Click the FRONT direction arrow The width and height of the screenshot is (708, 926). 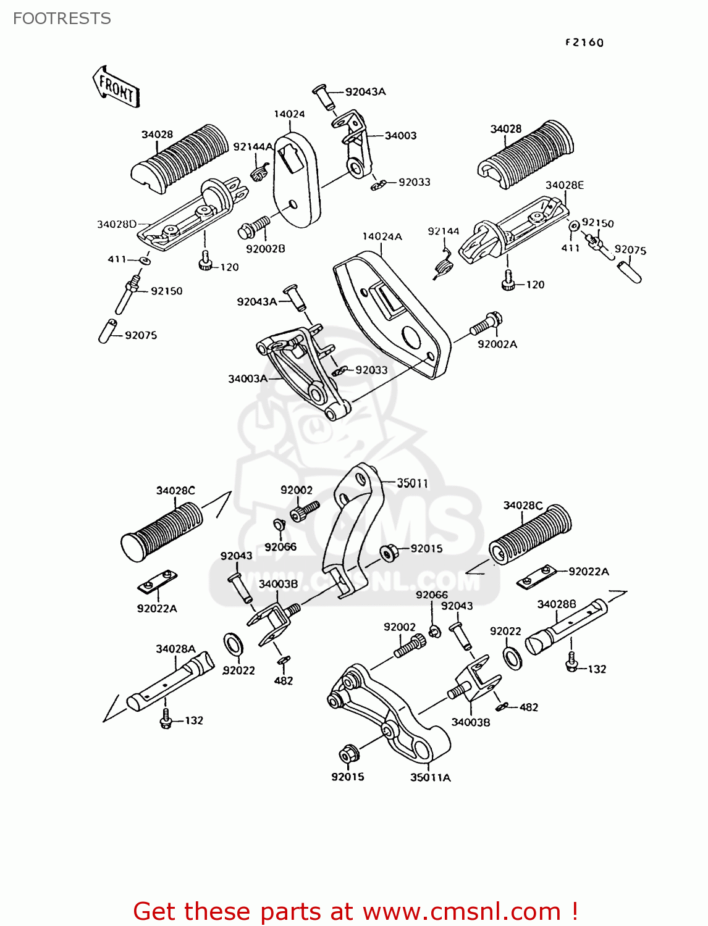[x=116, y=87]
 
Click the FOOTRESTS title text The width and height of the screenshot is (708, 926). [x=62, y=19]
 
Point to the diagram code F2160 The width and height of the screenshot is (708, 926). [x=584, y=43]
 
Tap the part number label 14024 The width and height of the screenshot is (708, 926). [x=289, y=114]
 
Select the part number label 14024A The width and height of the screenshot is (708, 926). [x=382, y=236]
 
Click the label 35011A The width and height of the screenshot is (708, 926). [x=430, y=778]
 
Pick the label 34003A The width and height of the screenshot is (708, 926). [x=248, y=378]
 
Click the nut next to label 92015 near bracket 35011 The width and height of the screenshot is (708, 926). [x=389, y=551]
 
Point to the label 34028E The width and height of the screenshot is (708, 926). [x=564, y=185]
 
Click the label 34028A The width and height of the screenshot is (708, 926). [x=175, y=649]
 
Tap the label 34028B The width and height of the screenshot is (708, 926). [x=557, y=604]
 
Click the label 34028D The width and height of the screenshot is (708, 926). [x=117, y=224]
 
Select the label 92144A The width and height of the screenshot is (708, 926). [x=253, y=147]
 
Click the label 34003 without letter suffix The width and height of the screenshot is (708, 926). [x=400, y=136]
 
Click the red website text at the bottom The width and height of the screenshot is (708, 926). [x=355, y=911]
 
